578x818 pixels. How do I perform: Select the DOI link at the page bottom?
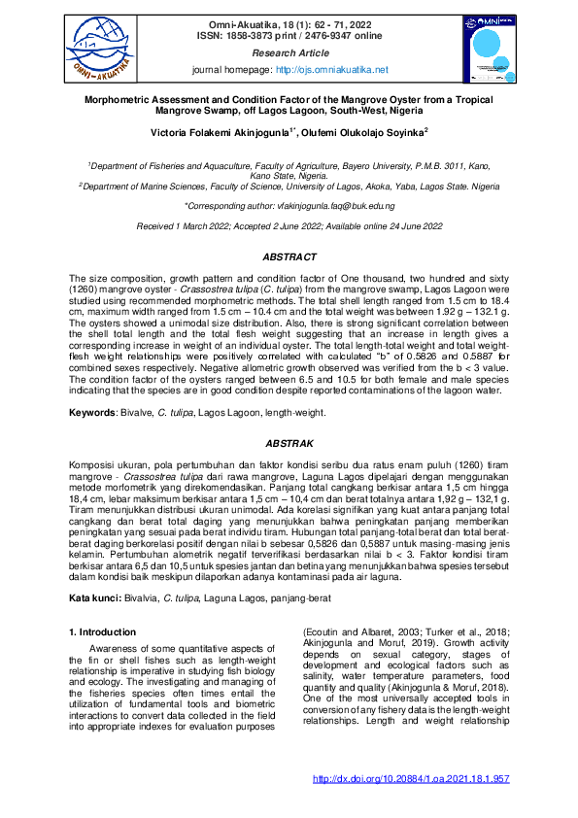pos(412,778)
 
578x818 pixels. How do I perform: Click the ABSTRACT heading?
pos(289,256)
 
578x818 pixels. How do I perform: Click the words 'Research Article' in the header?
pos(290,52)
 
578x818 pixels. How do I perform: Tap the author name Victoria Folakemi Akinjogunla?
pos(226,130)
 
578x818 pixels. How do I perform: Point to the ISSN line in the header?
pos(290,34)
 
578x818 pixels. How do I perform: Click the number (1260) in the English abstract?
pos(84,290)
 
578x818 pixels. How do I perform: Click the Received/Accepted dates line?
pos(289,225)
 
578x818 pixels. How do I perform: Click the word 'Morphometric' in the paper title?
pos(123,100)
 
